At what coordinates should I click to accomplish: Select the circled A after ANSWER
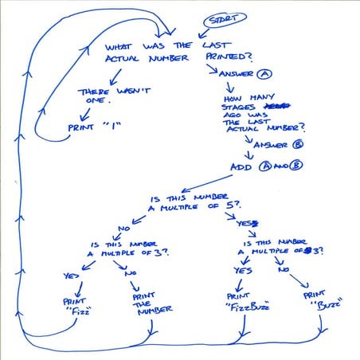tap(265, 72)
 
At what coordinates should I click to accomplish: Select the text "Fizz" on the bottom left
tap(74, 312)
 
